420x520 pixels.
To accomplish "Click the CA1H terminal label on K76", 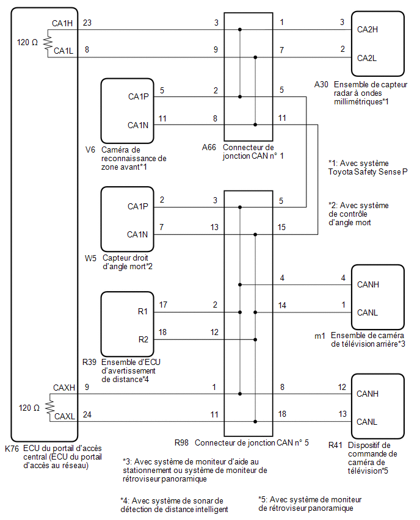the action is pos(62,23).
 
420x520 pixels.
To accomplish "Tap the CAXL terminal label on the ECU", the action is pos(65,416).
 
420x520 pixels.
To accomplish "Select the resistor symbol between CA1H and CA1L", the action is pos(48,43).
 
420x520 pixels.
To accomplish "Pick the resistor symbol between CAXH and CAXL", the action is pos(50,407).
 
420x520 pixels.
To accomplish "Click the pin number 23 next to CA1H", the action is pos(87,23).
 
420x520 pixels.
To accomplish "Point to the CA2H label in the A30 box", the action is pos(367,29).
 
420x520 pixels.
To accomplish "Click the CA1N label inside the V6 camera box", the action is pos(138,125).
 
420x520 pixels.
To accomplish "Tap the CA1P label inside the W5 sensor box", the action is pos(138,206).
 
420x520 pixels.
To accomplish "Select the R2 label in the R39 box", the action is pos(143,339).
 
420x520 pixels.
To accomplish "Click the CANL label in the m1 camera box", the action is pos(367,312).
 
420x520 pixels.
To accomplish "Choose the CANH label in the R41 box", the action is pos(367,394).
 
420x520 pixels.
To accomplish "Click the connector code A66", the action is pos(209,147).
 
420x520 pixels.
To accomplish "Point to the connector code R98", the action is pos(181,442).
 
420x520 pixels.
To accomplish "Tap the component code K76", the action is pos(12,449).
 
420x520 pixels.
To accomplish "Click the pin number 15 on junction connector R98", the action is pos(281,227).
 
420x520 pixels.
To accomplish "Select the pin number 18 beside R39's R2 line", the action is pos(162,332).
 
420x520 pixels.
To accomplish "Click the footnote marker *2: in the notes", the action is pos(333,206).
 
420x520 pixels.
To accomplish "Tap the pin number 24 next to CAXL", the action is pos(87,414).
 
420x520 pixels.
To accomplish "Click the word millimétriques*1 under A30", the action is pos(361,101).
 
